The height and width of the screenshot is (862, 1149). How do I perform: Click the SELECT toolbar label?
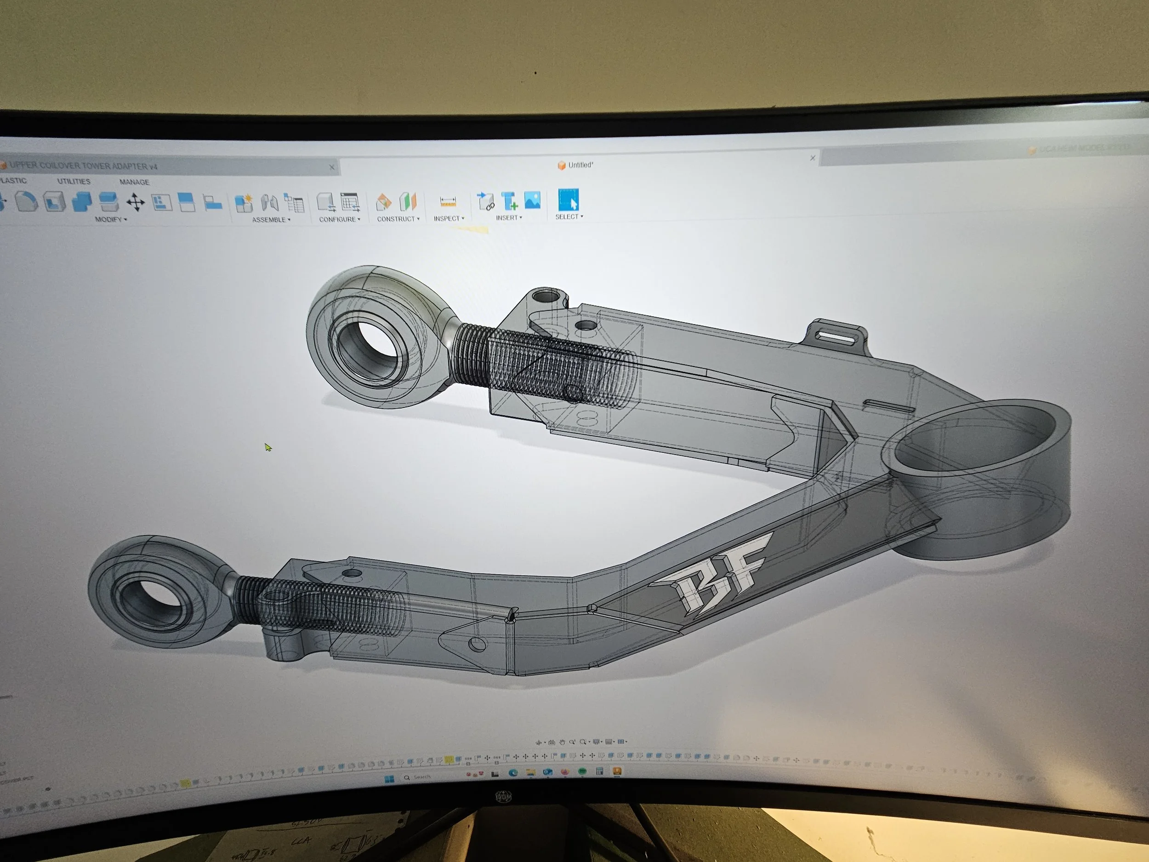(567, 217)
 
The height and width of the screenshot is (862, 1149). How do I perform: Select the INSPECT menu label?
(447, 218)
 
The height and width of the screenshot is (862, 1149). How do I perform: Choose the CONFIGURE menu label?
(338, 219)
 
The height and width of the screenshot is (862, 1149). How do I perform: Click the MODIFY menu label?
(108, 219)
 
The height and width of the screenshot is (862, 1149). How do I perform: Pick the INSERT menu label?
(507, 218)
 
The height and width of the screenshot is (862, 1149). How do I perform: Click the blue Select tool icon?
(568, 200)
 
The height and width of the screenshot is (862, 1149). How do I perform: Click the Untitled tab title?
(580, 165)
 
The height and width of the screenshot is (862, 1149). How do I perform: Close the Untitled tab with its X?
(813, 158)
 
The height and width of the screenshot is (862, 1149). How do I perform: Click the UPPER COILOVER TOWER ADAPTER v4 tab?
(83, 166)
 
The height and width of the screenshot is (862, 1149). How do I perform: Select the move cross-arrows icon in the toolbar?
(135, 202)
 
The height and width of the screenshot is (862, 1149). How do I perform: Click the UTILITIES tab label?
(73, 181)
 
